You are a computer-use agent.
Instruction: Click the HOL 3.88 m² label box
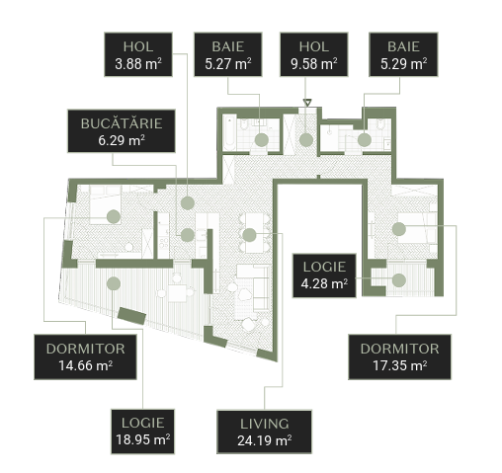click(x=138, y=54)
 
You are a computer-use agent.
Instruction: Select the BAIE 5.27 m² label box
click(x=228, y=54)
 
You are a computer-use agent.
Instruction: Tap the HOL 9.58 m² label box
click(x=314, y=54)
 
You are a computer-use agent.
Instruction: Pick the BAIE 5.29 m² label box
click(x=403, y=54)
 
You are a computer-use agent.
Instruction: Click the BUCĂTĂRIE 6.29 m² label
click(x=122, y=131)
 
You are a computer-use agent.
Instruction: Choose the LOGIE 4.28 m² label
click(x=324, y=276)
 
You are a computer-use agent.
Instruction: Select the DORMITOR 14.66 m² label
click(x=85, y=357)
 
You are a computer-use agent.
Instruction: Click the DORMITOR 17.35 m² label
click(x=399, y=357)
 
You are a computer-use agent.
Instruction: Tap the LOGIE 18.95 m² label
click(x=142, y=432)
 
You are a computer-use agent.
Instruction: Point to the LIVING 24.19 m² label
click(x=264, y=432)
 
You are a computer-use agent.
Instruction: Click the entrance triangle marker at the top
click(x=307, y=103)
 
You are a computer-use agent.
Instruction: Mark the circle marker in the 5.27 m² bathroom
click(x=262, y=140)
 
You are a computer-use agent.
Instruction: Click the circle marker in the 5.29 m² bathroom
click(x=365, y=140)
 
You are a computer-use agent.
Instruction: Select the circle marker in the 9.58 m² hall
click(x=306, y=140)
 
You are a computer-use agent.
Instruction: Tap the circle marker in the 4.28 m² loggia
click(x=399, y=280)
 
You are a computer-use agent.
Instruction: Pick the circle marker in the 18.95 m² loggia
click(x=114, y=283)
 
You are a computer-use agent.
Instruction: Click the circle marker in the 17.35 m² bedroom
click(x=398, y=229)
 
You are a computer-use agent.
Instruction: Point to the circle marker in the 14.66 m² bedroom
click(x=114, y=216)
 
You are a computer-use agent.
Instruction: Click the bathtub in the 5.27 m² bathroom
click(x=229, y=132)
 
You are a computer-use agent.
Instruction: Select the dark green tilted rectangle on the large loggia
click(x=131, y=316)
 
